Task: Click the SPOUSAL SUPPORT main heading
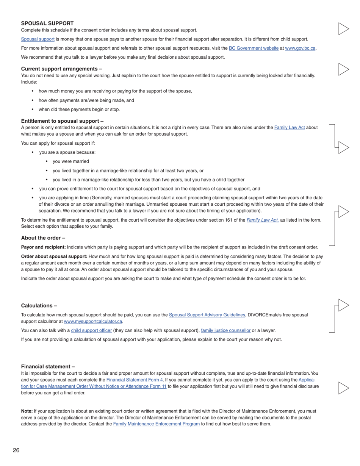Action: (47, 23)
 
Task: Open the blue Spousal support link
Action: (38, 39)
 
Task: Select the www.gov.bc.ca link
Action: (300, 48)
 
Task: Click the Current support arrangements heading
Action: (61, 69)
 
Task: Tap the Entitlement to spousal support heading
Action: (62, 121)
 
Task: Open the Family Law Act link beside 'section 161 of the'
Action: (262, 220)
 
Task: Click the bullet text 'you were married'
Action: (71, 161)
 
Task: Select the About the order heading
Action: (43, 238)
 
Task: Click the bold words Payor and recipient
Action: (43, 247)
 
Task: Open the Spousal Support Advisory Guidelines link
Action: (207, 315)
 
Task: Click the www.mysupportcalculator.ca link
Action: (93, 321)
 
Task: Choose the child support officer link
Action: (91, 330)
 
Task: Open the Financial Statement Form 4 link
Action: (135, 380)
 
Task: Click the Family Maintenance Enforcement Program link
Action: (156, 424)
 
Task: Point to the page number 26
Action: (16, 450)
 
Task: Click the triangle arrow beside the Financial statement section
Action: (343, 388)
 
